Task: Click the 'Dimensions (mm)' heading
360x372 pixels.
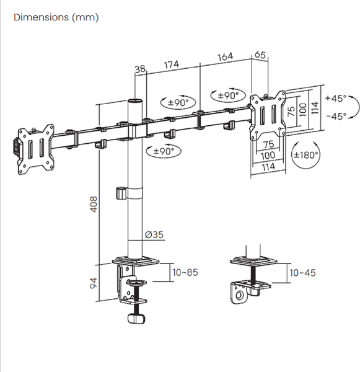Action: click(56, 17)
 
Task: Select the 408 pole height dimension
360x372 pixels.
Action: click(94, 204)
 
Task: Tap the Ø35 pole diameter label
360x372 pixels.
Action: click(154, 234)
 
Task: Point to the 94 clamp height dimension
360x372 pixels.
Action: click(94, 283)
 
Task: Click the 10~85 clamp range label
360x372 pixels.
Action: click(185, 272)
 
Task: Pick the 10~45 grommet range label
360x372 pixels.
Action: click(302, 273)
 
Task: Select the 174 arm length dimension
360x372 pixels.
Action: click(172, 64)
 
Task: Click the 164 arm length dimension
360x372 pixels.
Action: click(226, 57)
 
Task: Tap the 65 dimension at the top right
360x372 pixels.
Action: click(260, 55)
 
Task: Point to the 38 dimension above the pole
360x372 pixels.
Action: click(140, 69)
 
